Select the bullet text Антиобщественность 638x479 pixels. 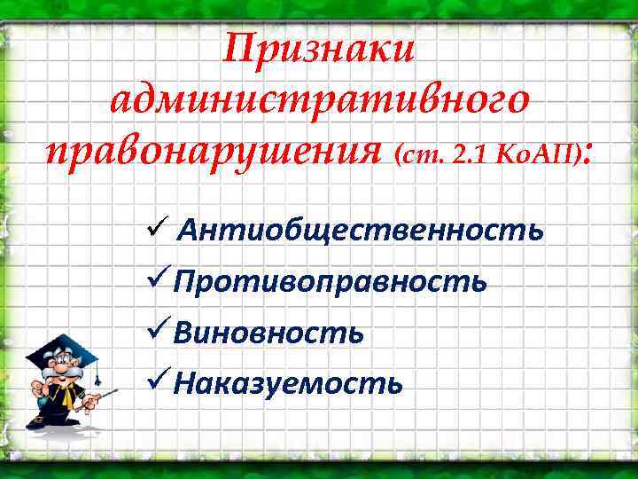click(360, 232)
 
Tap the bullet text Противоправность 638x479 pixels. click(330, 282)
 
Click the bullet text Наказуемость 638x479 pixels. click(288, 383)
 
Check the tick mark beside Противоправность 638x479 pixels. click(156, 280)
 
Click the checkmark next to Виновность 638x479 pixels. click(156, 331)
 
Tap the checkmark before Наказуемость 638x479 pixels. click(156, 381)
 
